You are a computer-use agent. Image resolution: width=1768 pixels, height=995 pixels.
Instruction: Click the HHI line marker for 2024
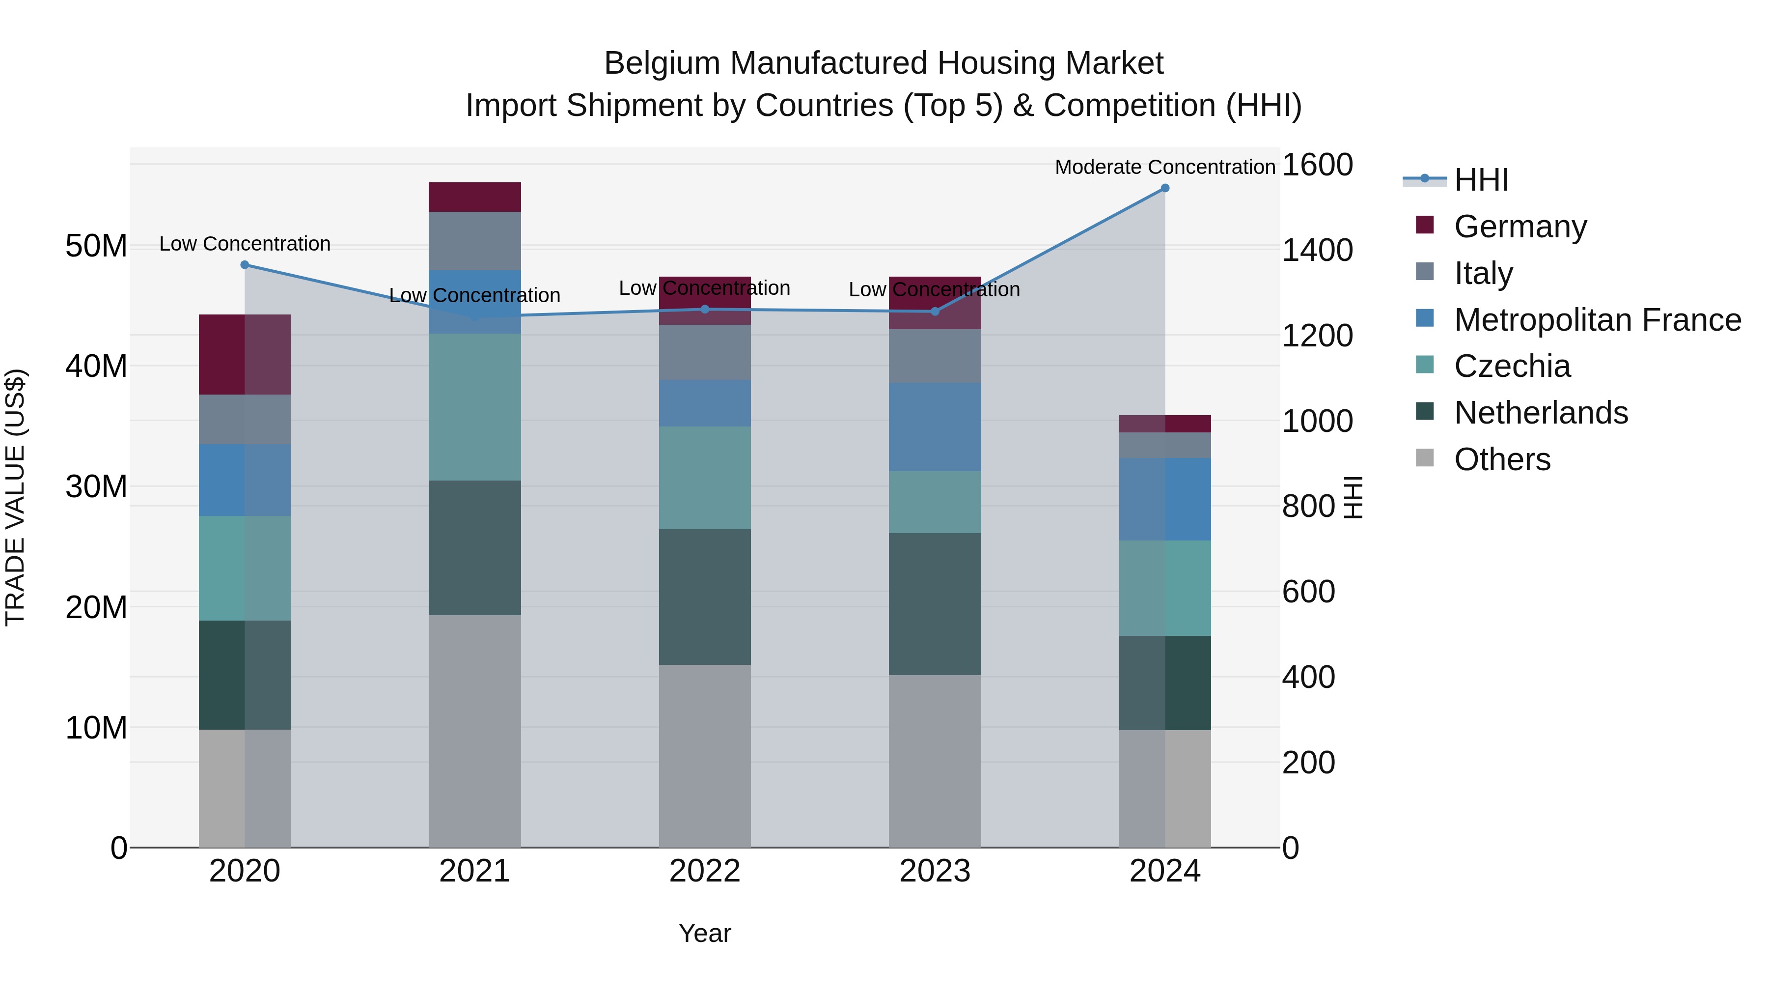click(x=1165, y=188)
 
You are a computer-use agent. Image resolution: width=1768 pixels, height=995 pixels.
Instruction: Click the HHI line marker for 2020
click(x=245, y=265)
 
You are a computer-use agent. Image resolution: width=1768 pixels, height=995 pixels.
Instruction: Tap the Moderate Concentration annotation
click(x=1165, y=167)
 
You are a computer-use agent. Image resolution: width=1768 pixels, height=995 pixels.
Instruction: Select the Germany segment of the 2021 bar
click(x=475, y=197)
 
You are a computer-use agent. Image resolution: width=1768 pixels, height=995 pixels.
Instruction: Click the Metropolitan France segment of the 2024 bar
click(x=1165, y=499)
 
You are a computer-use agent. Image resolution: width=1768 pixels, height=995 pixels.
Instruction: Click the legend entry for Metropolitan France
click(x=1597, y=320)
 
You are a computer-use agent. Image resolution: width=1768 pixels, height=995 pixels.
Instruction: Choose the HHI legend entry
click(x=1481, y=180)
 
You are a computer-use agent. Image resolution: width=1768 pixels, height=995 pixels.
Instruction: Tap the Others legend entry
click(x=1502, y=459)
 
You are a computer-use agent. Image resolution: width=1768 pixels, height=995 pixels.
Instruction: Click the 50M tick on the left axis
click(x=96, y=246)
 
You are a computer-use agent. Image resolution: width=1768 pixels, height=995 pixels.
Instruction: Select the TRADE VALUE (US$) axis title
click(x=15, y=497)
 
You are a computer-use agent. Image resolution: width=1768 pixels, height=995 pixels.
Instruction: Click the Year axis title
click(x=705, y=933)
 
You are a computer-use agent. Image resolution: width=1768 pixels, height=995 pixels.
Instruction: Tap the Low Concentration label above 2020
click(x=245, y=244)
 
